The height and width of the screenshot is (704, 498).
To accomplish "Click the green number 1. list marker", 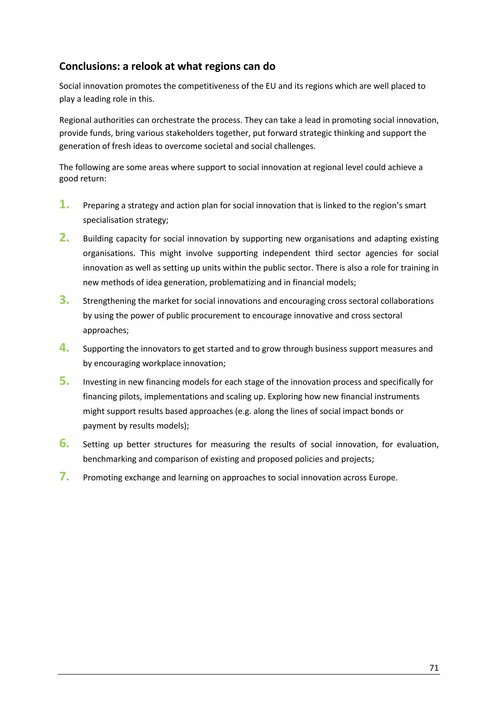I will tap(64, 204).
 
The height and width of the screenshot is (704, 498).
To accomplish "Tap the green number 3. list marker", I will tap(64, 300).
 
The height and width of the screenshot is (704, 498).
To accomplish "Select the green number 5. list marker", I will tap(64, 381).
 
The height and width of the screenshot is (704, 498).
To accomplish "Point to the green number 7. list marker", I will tap(64, 476).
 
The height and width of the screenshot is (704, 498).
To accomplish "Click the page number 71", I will tap(434, 668).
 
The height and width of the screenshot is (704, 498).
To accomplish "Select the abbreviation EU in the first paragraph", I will tap(271, 86).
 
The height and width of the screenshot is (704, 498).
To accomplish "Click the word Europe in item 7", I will tap(383, 478).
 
